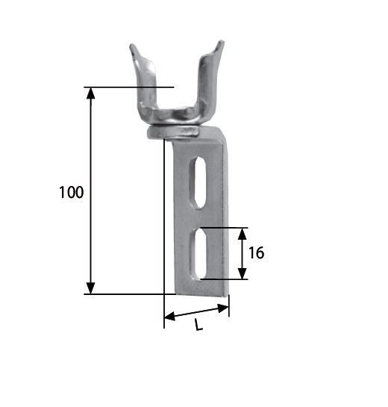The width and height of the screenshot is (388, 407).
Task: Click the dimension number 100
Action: click(x=72, y=193)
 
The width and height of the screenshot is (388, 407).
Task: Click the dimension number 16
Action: click(x=256, y=252)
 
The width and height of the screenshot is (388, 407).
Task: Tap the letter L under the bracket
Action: click(x=198, y=325)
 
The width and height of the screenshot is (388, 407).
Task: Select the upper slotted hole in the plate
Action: click(x=198, y=182)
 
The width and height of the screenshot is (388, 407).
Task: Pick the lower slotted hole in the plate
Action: click(x=198, y=255)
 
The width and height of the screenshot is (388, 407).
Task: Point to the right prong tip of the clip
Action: click(x=221, y=42)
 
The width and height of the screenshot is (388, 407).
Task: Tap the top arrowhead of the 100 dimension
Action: click(x=90, y=93)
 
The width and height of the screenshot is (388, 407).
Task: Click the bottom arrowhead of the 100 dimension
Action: click(x=90, y=288)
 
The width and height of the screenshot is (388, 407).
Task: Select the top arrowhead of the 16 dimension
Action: click(x=242, y=234)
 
